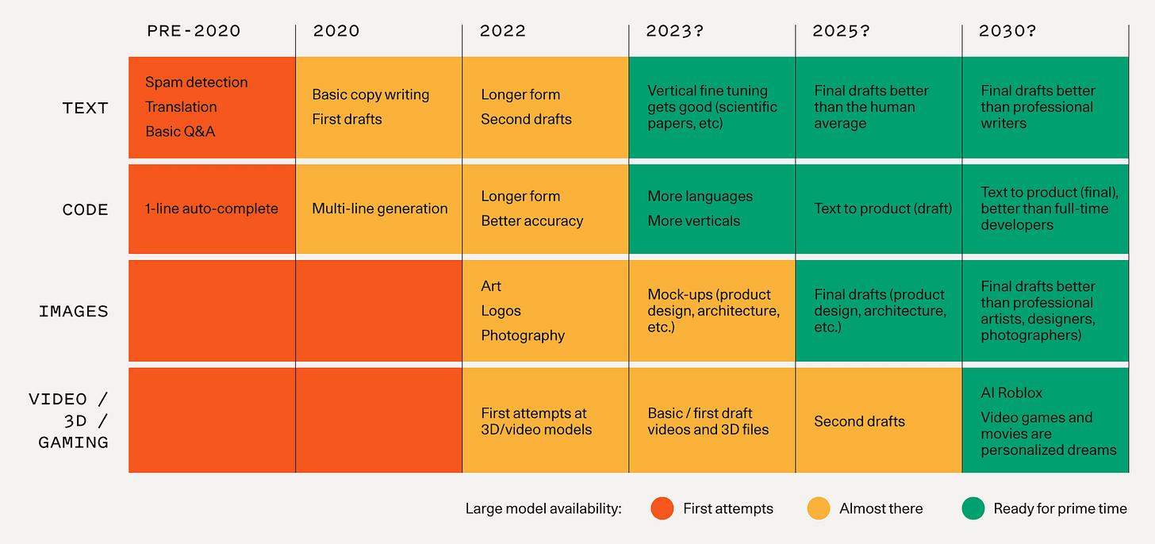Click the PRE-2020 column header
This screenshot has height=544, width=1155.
tap(194, 31)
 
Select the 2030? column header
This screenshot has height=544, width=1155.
tap(1007, 31)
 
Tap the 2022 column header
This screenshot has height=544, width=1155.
tap(502, 31)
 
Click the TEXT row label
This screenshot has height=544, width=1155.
tap(85, 108)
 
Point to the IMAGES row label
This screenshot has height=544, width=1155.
tap(73, 311)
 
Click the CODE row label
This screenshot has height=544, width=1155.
tap(85, 209)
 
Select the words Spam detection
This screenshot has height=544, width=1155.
tap(196, 82)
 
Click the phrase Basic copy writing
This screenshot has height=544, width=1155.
tap(370, 94)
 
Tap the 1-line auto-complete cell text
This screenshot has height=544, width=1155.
tap(211, 209)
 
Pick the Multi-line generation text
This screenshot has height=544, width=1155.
tap(379, 209)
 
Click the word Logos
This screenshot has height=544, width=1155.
tap(501, 311)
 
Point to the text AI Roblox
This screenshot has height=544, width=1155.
tap(1011, 393)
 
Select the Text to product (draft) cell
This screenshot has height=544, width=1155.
tap(882, 209)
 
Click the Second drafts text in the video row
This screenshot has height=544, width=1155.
tap(859, 421)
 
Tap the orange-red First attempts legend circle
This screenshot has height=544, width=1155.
tap(662, 508)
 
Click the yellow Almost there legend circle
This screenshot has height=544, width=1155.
tap(818, 508)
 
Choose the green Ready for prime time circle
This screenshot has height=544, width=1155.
tap(973, 508)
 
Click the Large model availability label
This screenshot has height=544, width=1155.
tap(543, 509)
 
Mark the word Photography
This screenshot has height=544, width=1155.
tap(523, 335)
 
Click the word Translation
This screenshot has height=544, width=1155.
tap(181, 107)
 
